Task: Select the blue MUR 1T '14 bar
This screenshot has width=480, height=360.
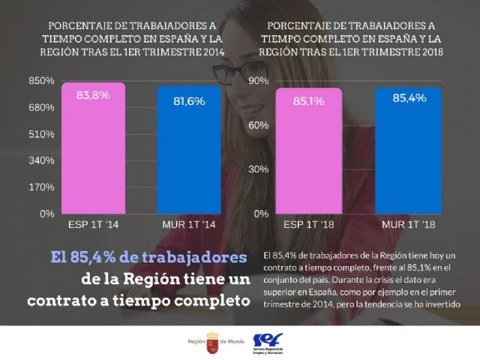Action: click(189, 150)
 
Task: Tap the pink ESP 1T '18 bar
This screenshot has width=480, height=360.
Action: click(309, 151)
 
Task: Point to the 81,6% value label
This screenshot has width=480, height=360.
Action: click(189, 101)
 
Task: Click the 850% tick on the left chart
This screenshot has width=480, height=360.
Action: click(41, 81)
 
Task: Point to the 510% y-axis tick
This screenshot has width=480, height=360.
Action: click(41, 134)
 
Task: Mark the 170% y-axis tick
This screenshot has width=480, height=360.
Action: click(41, 187)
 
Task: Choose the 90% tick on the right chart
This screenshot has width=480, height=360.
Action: click(259, 81)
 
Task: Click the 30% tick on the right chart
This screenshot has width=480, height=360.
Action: click(259, 169)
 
